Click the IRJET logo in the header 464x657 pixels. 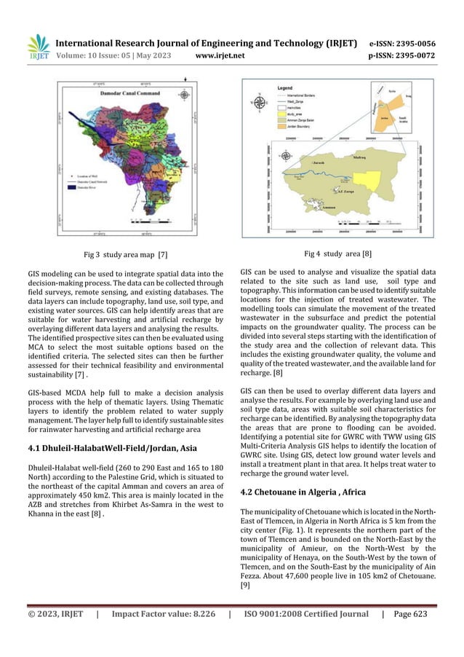pyautogui.click(x=37, y=46)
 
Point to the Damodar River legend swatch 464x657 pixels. pyautogui.click(x=73, y=187)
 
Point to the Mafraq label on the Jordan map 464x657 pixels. pyautogui.click(x=358, y=156)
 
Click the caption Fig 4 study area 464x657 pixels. pyautogui.click(x=337, y=255)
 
